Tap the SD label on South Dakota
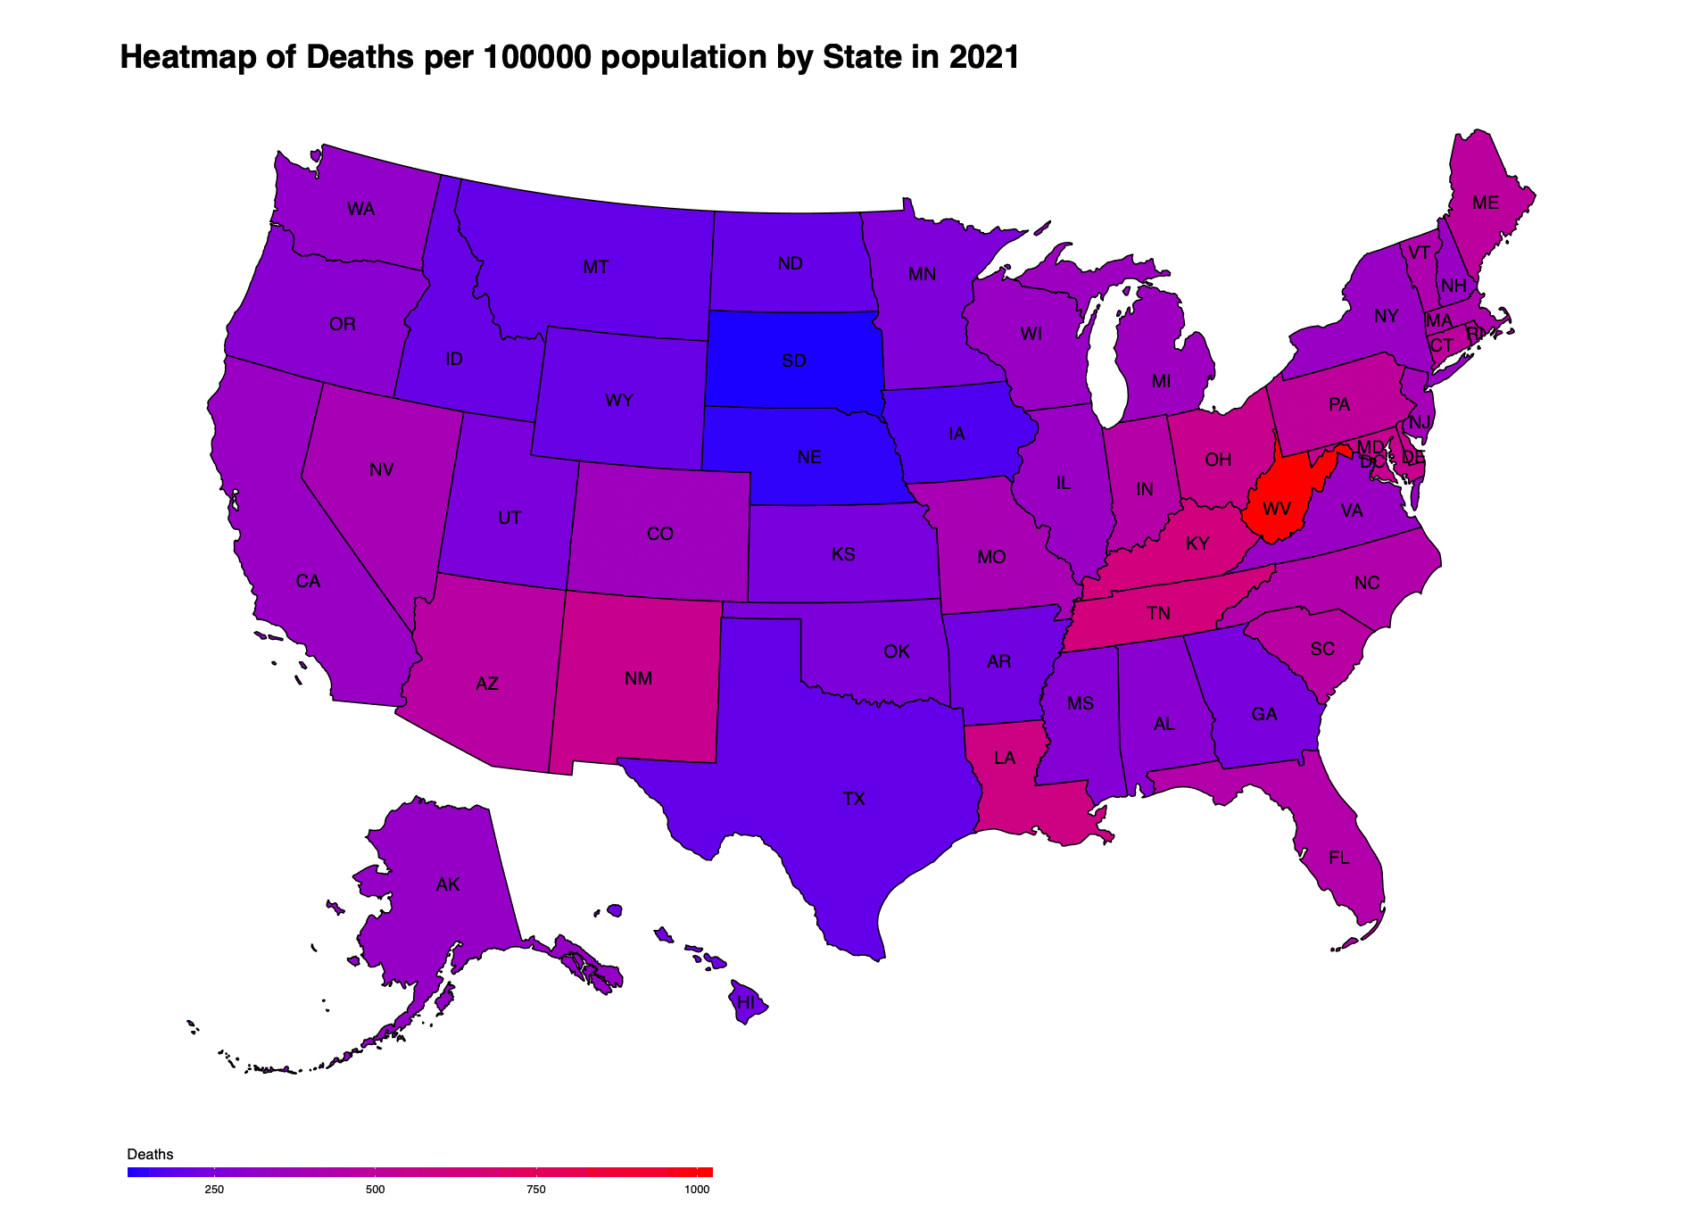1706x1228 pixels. (x=794, y=361)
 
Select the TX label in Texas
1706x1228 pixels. (x=854, y=799)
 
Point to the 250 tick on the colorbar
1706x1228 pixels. (x=214, y=1189)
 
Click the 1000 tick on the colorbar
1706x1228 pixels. (x=697, y=1189)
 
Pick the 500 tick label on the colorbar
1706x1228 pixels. (x=375, y=1189)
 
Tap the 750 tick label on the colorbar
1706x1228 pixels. (x=536, y=1189)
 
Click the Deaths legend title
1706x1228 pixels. (x=150, y=1154)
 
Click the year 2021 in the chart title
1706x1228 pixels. (x=984, y=57)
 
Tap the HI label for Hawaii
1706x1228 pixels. (x=746, y=1002)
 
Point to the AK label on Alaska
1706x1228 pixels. (x=448, y=884)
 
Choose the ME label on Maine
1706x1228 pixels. (x=1486, y=203)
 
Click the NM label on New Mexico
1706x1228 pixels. (x=639, y=678)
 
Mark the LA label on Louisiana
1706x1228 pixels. (x=1005, y=758)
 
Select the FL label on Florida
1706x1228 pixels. (x=1338, y=858)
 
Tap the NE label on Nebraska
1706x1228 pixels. (x=809, y=457)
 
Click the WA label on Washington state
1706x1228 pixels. (x=360, y=209)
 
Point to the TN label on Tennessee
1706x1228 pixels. (x=1158, y=613)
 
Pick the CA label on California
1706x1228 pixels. (x=308, y=581)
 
